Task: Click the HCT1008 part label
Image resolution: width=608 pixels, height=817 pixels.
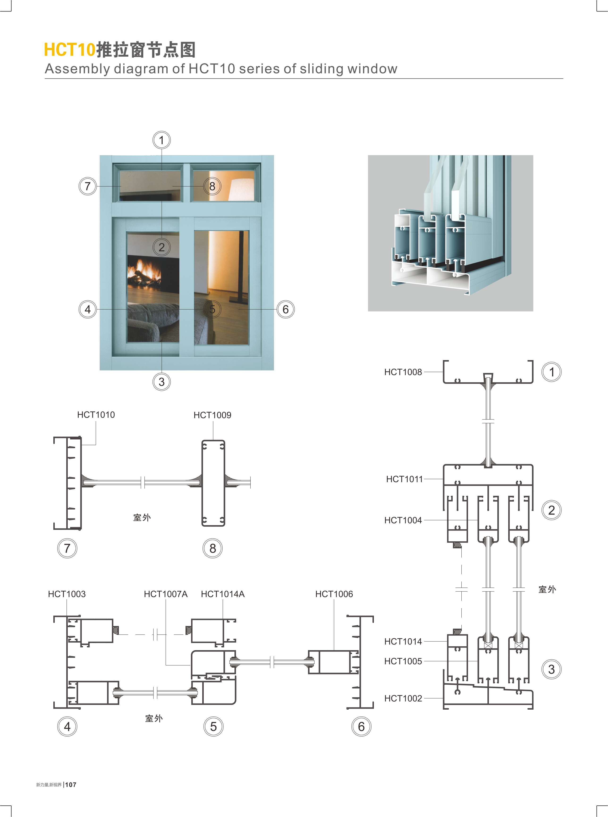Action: click(x=403, y=372)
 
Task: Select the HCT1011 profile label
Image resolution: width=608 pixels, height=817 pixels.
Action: click(x=405, y=479)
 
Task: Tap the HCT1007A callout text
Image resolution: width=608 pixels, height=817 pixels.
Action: click(x=166, y=594)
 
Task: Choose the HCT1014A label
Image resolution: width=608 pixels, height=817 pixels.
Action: click(x=223, y=594)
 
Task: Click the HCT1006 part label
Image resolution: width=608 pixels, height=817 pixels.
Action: click(x=334, y=594)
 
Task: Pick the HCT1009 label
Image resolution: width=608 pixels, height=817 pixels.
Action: click(x=212, y=415)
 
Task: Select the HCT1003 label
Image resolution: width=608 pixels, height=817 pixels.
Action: click(x=67, y=594)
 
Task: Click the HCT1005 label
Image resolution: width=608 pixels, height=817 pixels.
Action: click(x=403, y=661)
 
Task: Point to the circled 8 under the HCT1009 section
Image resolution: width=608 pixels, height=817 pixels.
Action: click(x=213, y=548)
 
